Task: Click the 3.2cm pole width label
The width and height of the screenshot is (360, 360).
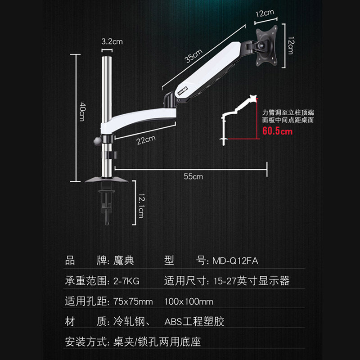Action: [112, 42]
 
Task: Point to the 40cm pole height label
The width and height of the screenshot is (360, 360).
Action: [82, 111]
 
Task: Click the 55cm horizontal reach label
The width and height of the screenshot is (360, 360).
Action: [193, 176]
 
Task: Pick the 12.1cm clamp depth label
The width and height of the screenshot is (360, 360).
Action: [141, 205]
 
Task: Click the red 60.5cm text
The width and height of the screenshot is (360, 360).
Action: [277, 131]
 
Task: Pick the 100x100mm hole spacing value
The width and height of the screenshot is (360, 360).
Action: [189, 301]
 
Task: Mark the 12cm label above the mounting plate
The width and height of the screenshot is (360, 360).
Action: [265, 14]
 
